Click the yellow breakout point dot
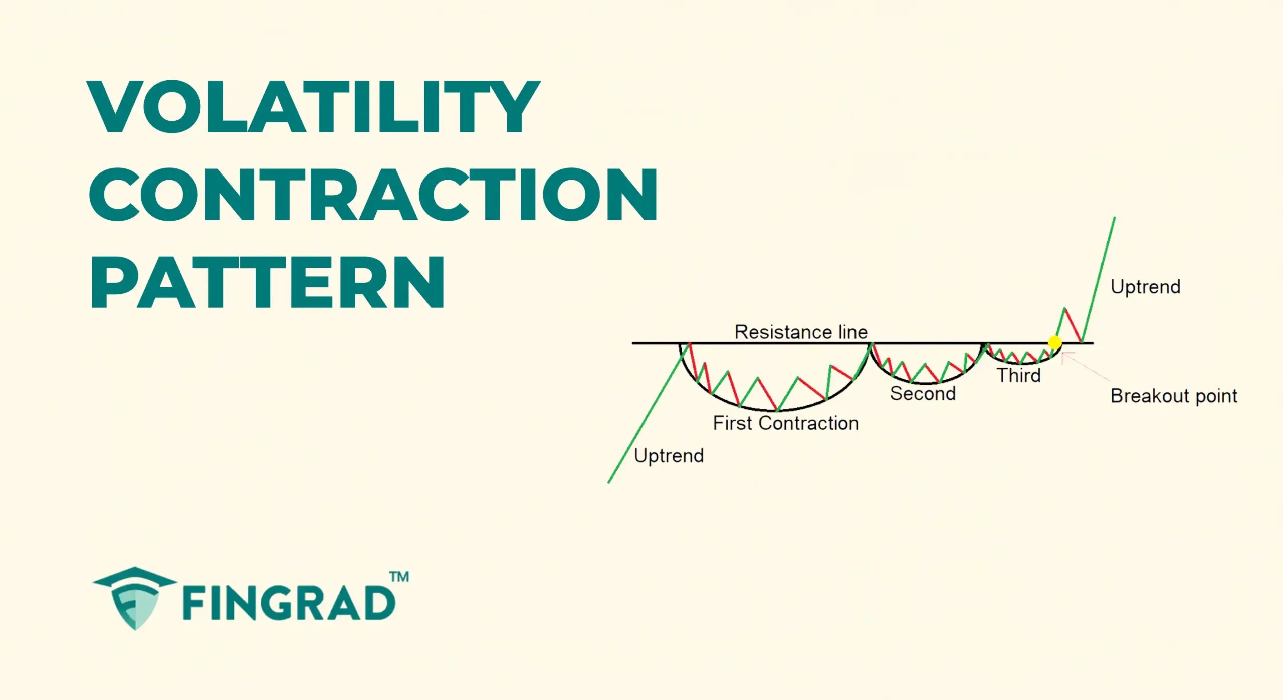coord(1054,342)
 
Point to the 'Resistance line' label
coord(800,332)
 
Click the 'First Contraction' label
coord(785,423)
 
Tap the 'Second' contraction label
coord(923,394)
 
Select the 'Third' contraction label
coord(1018,375)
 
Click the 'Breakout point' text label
coord(1174,396)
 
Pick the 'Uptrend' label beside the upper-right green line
coord(1145,287)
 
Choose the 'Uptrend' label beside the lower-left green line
coord(669,456)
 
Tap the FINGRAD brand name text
coord(289,603)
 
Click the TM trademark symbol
coord(399,577)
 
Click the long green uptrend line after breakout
coord(1099,278)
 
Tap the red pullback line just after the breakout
coord(1073,325)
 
